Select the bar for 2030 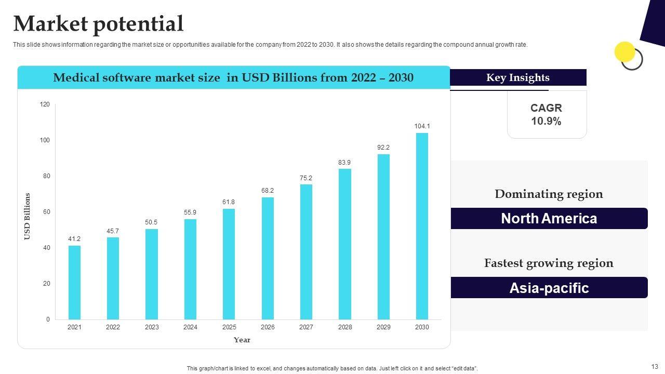click(422, 226)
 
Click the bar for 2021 click(74, 282)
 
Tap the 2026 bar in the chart click(268, 258)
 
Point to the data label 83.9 click(344, 163)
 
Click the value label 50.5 click(151, 222)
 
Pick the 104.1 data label click(422, 126)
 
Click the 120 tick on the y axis click(45, 104)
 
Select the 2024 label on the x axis click(190, 327)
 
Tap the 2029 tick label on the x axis click(383, 327)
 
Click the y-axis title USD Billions click(28, 217)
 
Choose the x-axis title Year click(242, 340)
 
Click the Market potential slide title click(98, 24)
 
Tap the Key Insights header click(517, 77)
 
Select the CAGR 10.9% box click(547, 115)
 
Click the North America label click(549, 219)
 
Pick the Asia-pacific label click(549, 288)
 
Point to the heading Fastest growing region click(549, 263)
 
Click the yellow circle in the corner click(624, 52)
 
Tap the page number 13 click(654, 366)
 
